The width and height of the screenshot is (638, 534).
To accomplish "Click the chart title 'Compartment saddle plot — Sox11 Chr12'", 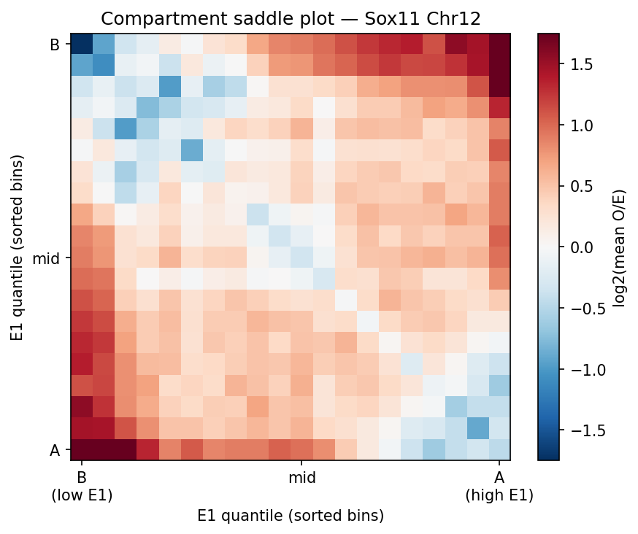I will coord(290,18).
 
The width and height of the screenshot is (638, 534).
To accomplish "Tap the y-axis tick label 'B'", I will coord(54,45).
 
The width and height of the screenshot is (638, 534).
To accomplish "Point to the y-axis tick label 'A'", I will coord(54,450).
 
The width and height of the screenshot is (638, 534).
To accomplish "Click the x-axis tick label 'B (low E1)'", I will coord(82,487).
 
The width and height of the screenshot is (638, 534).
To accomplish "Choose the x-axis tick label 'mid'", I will coord(301,478).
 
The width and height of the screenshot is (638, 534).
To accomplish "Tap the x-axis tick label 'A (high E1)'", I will coord(499,487).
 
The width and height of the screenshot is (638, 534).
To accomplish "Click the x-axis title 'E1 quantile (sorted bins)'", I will coord(290,515).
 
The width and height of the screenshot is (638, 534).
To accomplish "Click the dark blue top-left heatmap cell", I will coord(82,44).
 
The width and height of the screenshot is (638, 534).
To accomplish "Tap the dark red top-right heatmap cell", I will coord(499,44).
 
